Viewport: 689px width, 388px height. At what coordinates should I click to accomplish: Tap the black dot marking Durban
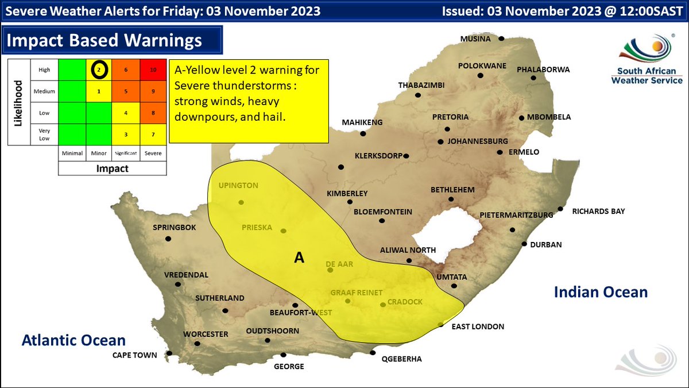click(524, 244)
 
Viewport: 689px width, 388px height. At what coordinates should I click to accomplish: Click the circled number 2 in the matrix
click(99, 70)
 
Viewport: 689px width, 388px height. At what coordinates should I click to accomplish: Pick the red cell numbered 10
click(153, 70)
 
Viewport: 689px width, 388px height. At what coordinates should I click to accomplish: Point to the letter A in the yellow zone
click(299, 258)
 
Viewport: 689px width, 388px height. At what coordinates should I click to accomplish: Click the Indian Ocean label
click(601, 292)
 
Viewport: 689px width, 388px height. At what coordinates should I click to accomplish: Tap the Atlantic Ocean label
click(73, 340)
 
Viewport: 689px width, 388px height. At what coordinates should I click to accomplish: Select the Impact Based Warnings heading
click(104, 40)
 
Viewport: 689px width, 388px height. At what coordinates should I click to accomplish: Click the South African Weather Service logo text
click(647, 76)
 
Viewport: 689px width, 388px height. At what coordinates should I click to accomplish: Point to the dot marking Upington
click(241, 202)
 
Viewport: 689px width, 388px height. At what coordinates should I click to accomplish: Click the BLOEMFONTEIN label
click(382, 212)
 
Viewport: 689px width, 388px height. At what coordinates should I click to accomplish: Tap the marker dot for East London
click(440, 325)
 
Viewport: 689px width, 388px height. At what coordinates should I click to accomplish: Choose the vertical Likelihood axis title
click(18, 103)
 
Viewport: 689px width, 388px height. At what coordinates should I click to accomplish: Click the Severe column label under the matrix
click(153, 153)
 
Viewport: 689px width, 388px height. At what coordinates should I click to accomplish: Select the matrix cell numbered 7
click(153, 134)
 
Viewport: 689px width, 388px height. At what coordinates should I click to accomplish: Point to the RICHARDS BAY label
click(598, 211)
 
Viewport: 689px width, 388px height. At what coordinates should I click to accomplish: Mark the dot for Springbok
click(168, 239)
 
